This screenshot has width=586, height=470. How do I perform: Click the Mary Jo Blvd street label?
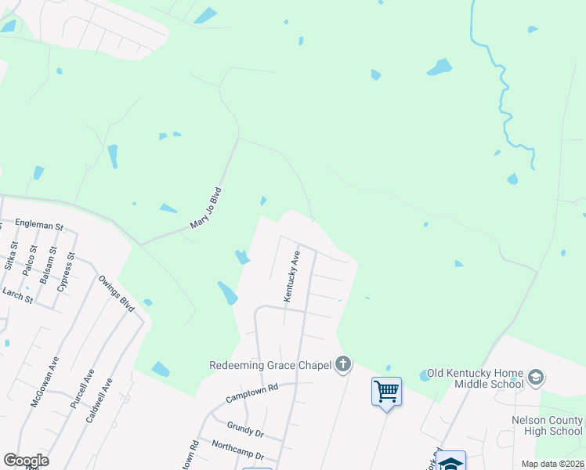click(x=207, y=208)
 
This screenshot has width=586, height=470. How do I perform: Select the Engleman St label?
click(x=39, y=226)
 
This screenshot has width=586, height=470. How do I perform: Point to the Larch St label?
click(x=16, y=294)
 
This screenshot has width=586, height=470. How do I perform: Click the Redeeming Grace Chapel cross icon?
click(x=342, y=364)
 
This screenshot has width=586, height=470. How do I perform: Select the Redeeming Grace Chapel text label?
click(x=270, y=364)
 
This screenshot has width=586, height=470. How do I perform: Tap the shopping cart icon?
click(x=386, y=390)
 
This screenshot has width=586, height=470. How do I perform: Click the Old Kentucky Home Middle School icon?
click(x=536, y=378)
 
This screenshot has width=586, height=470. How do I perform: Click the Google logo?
click(x=26, y=461)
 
